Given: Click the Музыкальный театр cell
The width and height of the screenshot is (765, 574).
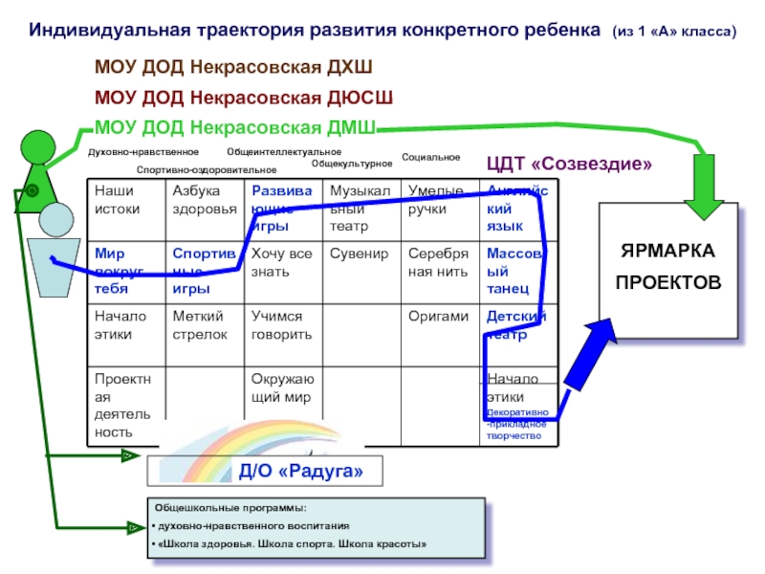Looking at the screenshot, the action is click(x=360, y=210).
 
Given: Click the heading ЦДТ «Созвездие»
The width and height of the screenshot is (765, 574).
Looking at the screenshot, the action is click(x=570, y=164).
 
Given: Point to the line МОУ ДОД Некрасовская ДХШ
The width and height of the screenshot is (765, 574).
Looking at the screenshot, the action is click(x=233, y=68).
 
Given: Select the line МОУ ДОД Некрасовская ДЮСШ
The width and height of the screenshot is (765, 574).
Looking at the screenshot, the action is click(x=243, y=98).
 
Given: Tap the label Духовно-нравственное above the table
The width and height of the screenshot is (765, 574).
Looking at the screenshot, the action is click(x=143, y=151).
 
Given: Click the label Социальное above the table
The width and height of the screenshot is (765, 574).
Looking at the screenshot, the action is click(x=430, y=157).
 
